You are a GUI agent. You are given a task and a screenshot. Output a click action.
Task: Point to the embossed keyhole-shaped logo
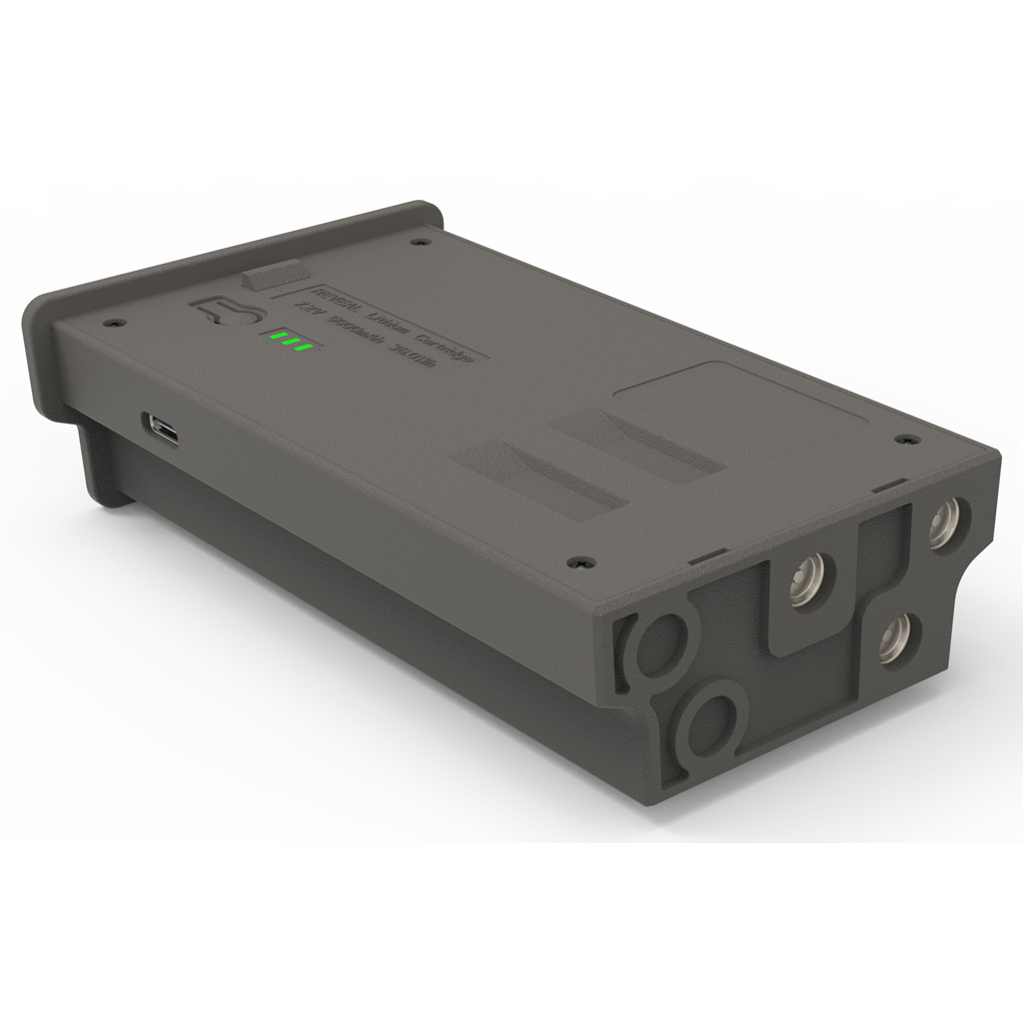pyautogui.click(x=222, y=311)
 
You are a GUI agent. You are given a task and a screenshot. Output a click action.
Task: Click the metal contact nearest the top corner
pyautogui.click(x=942, y=522)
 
